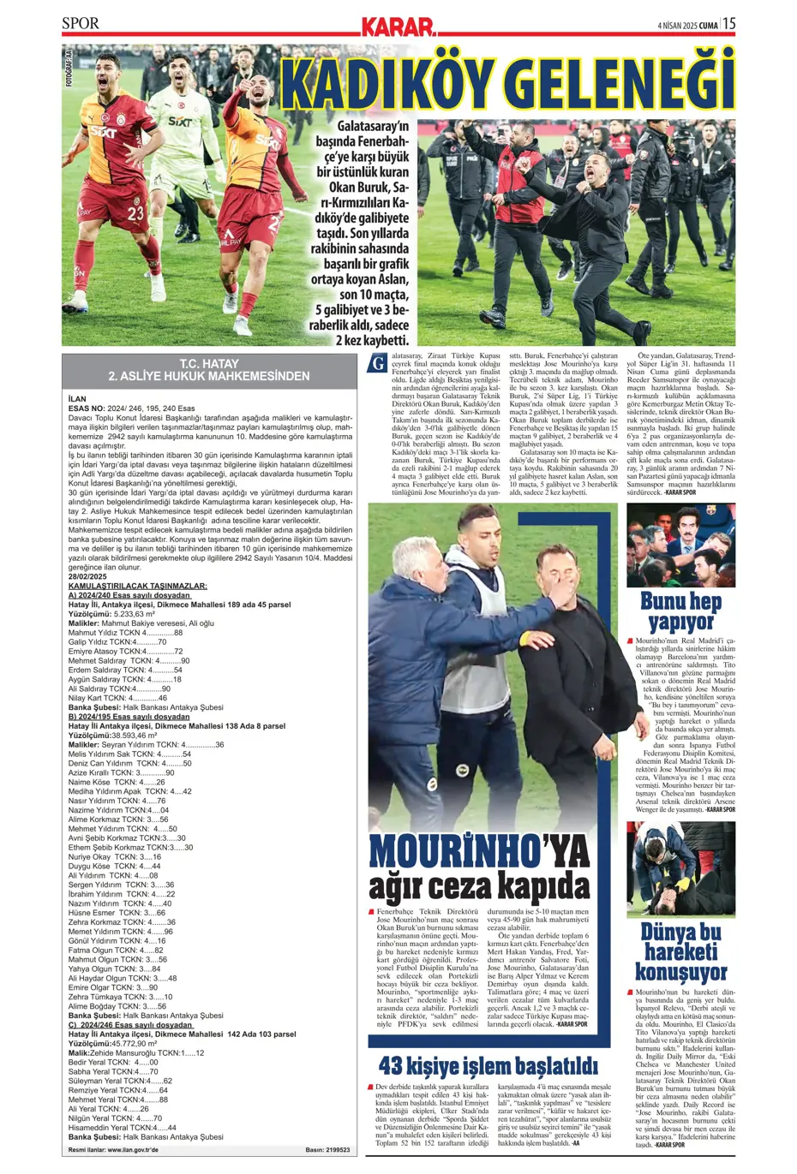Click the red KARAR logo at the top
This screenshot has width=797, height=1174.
click(398, 26)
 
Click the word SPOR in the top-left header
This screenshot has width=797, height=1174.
click(81, 23)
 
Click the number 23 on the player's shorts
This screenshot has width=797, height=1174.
click(135, 214)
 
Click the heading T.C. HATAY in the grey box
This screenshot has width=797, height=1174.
click(209, 364)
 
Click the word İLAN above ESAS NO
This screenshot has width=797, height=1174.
click(77, 399)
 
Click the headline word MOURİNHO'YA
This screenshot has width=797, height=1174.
click(479, 852)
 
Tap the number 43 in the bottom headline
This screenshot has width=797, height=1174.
click(393, 1066)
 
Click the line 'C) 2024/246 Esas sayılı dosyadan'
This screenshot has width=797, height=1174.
click(131, 1025)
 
